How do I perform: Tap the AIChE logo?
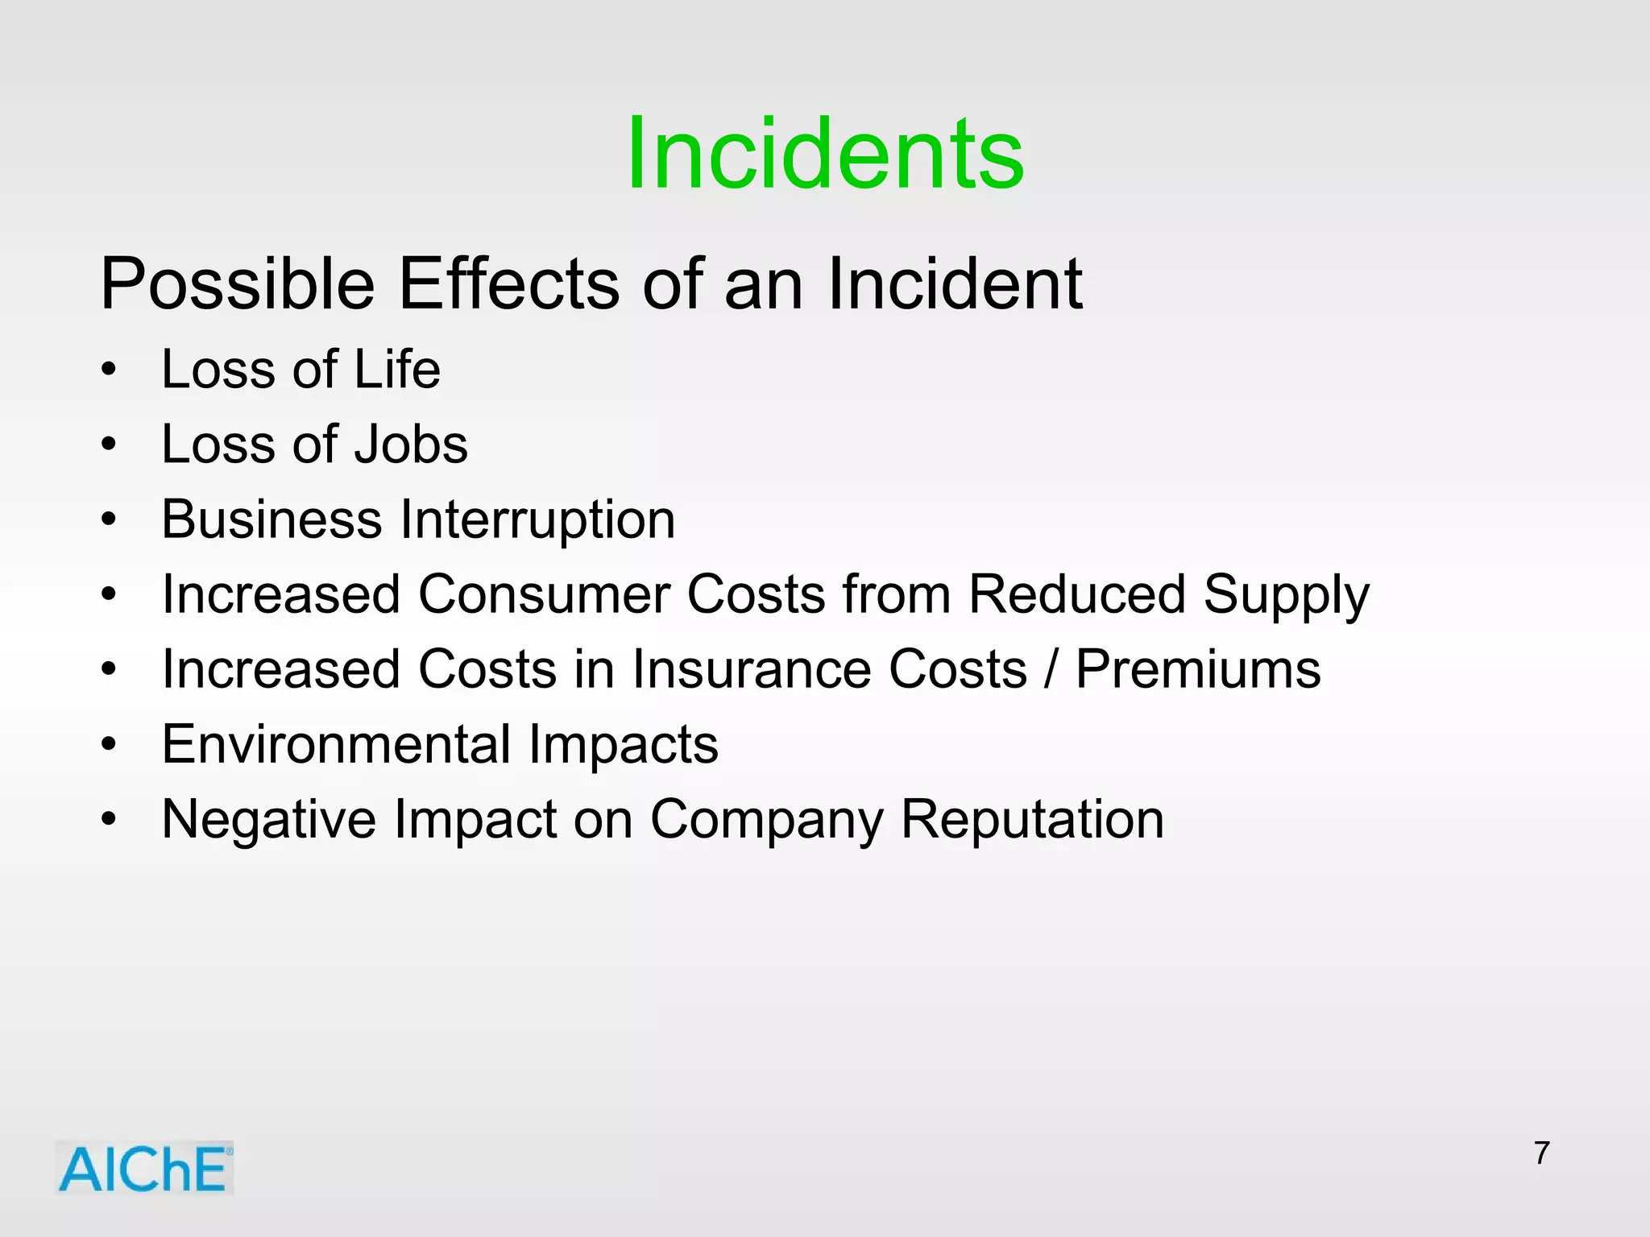pyautogui.click(x=144, y=1168)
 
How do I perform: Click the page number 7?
pyautogui.click(x=1542, y=1152)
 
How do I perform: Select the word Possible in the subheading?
pyautogui.click(x=238, y=283)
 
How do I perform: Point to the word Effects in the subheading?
pyautogui.click(x=510, y=283)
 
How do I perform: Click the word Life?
pyautogui.click(x=397, y=369)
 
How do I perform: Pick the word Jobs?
pyautogui.click(x=411, y=445)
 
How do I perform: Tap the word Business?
pyautogui.click(x=272, y=519)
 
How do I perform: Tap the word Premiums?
pyautogui.click(x=1198, y=669)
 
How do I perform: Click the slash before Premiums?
pyautogui.click(x=1051, y=669)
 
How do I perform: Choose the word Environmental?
pyautogui.click(x=336, y=744)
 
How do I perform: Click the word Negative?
pyautogui.click(x=269, y=819)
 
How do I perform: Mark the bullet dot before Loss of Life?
pyautogui.click(x=110, y=370)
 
